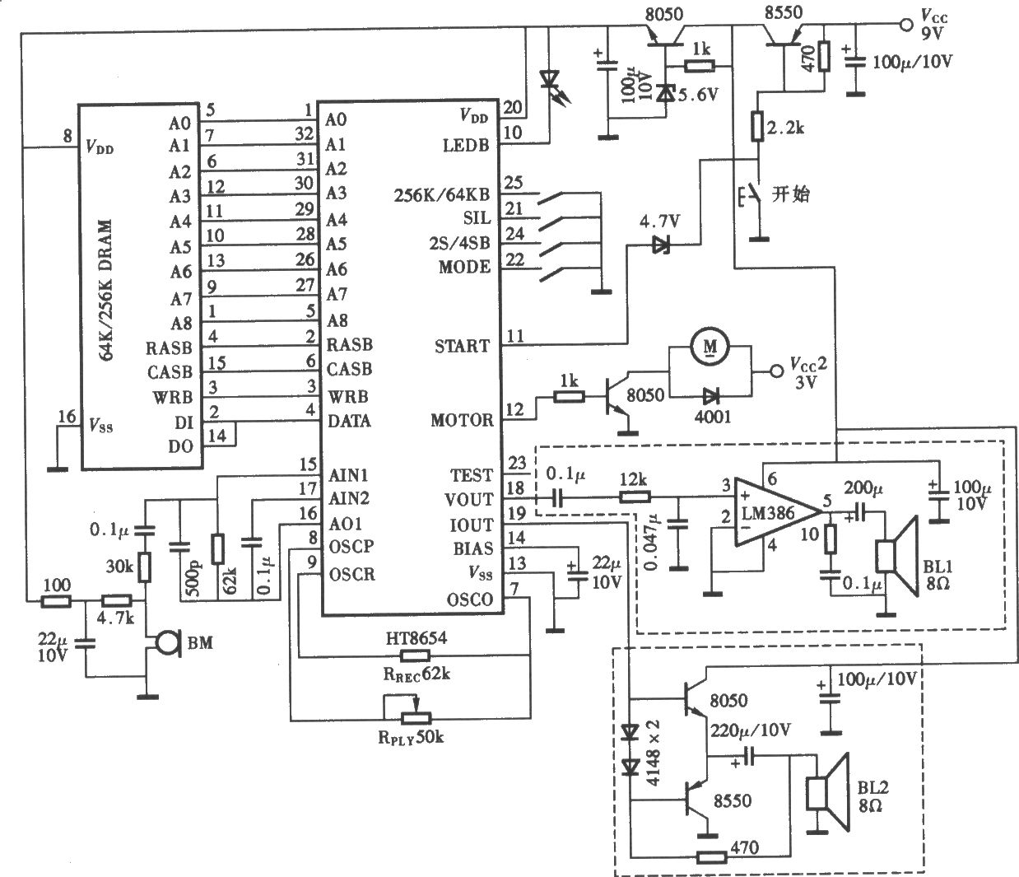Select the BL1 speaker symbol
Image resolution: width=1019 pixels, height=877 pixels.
896,556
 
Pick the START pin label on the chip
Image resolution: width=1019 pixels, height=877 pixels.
462,346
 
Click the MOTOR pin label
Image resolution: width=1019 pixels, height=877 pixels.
462,420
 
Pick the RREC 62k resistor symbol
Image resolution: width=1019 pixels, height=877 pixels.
414,655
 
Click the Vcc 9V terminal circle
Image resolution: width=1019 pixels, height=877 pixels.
906,25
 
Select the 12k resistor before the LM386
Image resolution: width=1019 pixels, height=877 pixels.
634,497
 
